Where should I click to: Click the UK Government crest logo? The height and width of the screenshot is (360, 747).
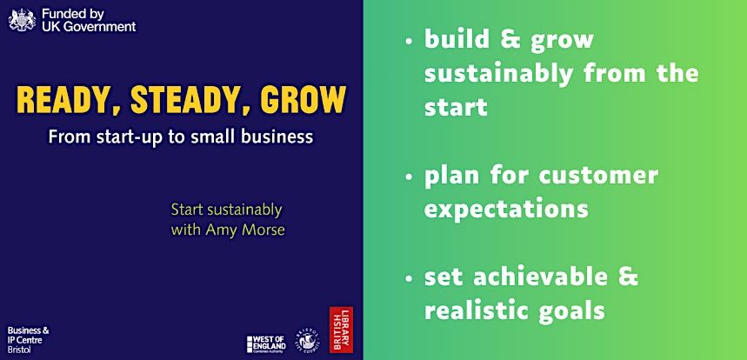(21, 19)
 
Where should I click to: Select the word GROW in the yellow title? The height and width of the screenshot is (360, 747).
(297, 101)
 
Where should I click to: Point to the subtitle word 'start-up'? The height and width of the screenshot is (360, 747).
(119, 137)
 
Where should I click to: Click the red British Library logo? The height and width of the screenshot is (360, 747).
(340, 330)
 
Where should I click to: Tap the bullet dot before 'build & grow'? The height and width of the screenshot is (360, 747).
(409, 41)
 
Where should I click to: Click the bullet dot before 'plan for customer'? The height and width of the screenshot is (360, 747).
(409, 177)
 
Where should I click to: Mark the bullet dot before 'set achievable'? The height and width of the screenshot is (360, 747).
(409, 280)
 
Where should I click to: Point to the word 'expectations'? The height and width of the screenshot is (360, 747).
(506, 210)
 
